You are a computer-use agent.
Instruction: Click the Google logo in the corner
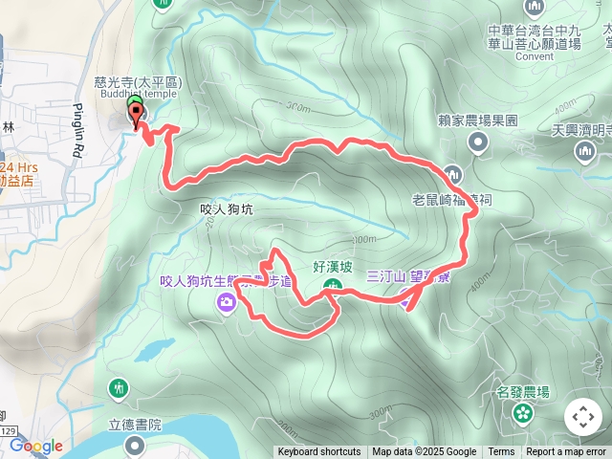[x=36, y=446]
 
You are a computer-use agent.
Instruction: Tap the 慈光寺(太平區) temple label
[x=138, y=82]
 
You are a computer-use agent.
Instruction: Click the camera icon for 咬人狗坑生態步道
[x=227, y=303]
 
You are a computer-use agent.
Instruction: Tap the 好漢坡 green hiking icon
[x=331, y=286]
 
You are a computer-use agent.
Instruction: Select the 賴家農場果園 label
[x=477, y=120]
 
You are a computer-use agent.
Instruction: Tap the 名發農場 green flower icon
[x=522, y=413]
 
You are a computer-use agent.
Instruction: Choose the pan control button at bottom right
[x=582, y=417]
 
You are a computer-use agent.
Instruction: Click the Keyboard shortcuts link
[x=319, y=452]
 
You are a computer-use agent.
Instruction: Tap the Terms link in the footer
[x=501, y=452]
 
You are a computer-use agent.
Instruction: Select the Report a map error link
[x=567, y=452]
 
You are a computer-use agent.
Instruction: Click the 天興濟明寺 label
[x=584, y=130]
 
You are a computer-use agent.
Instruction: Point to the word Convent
[x=534, y=56]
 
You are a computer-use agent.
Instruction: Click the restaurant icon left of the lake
[x=118, y=388]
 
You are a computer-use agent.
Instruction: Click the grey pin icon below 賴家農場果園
[x=478, y=143]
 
